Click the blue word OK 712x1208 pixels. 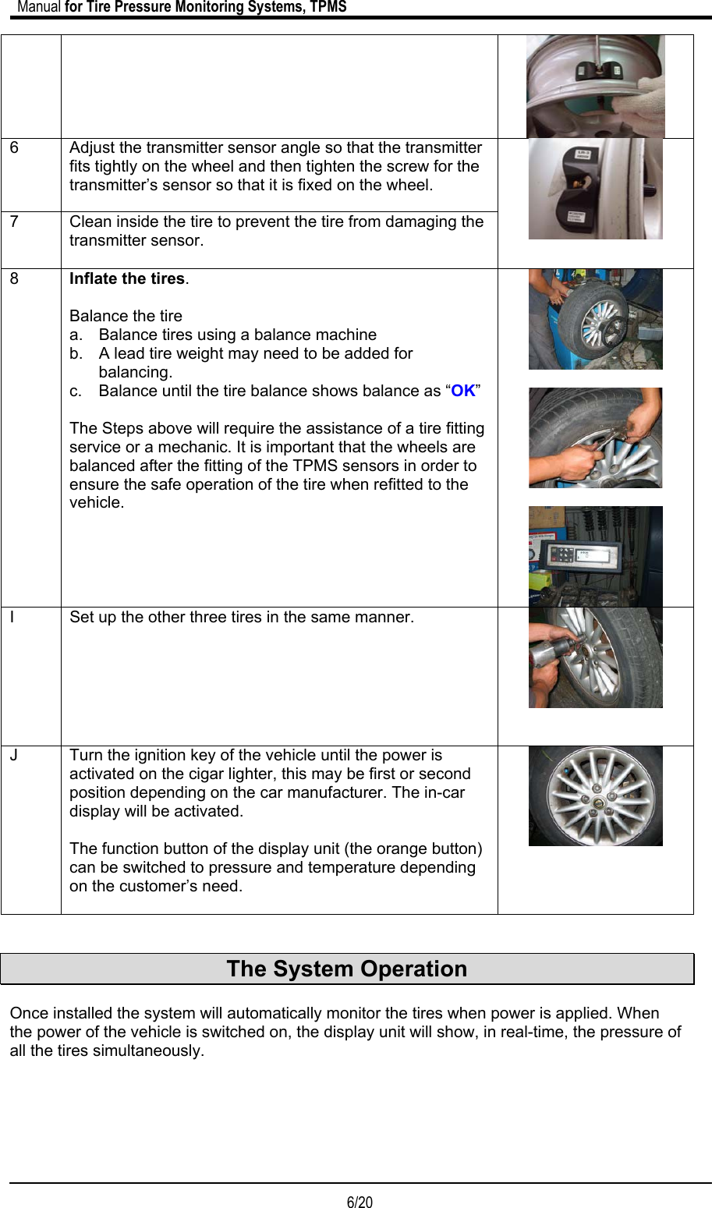[x=463, y=391]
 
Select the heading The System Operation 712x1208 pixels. [x=346, y=969]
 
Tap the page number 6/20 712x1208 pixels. [x=360, y=1202]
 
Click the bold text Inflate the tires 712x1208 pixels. [x=127, y=279]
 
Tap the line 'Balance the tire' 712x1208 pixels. [x=126, y=317]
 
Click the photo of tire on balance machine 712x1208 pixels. [x=595, y=320]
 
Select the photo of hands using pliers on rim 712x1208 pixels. [x=595, y=438]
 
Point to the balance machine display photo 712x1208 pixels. [x=595, y=555]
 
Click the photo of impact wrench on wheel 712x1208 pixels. [x=595, y=657]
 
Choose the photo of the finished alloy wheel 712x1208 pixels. [x=595, y=796]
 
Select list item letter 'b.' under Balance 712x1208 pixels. [x=76, y=354]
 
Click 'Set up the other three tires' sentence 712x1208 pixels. [x=242, y=618]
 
